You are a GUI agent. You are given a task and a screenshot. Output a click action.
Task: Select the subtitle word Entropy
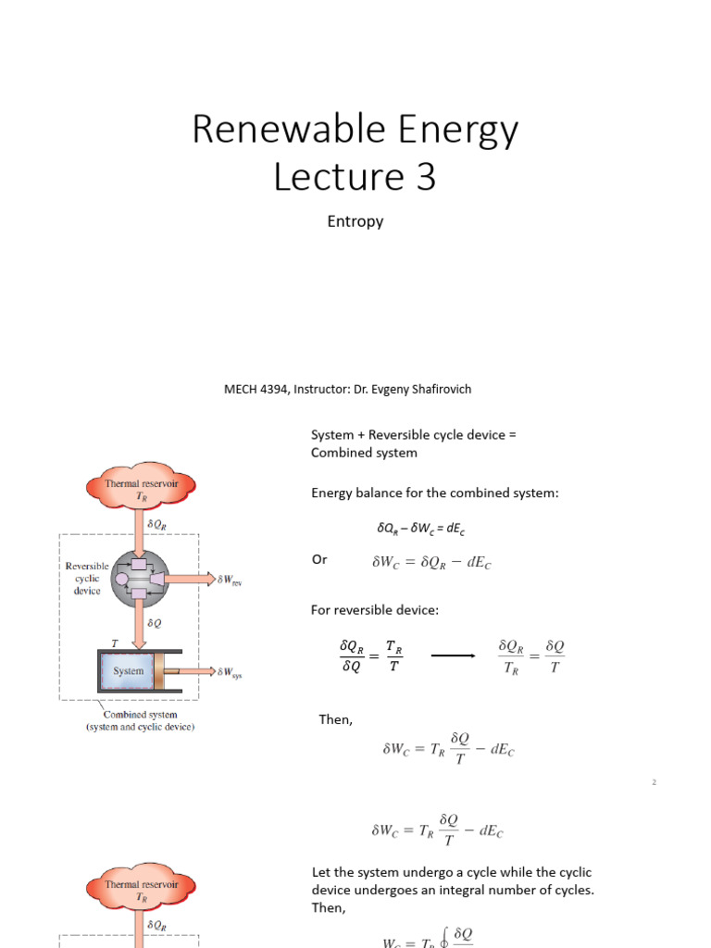pyautogui.click(x=355, y=221)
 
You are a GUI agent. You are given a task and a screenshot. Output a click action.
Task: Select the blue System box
pyautogui.click(x=129, y=671)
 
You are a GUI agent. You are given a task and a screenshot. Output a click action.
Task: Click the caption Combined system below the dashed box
pyautogui.click(x=140, y=715)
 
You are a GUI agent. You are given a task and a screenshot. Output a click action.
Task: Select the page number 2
pyautogui.click(x=654, y=783)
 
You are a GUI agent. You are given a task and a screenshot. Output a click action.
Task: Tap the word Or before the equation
pyautogui.click(x=319, y=559)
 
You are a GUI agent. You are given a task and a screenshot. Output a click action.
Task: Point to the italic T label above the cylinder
pyautogui.click(x=115, y=641)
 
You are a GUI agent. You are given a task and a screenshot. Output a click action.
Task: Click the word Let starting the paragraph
pyautogui.click(x=320, y=872)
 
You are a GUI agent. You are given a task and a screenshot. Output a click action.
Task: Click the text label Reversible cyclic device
pyautogui.click(x=87, y=579)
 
